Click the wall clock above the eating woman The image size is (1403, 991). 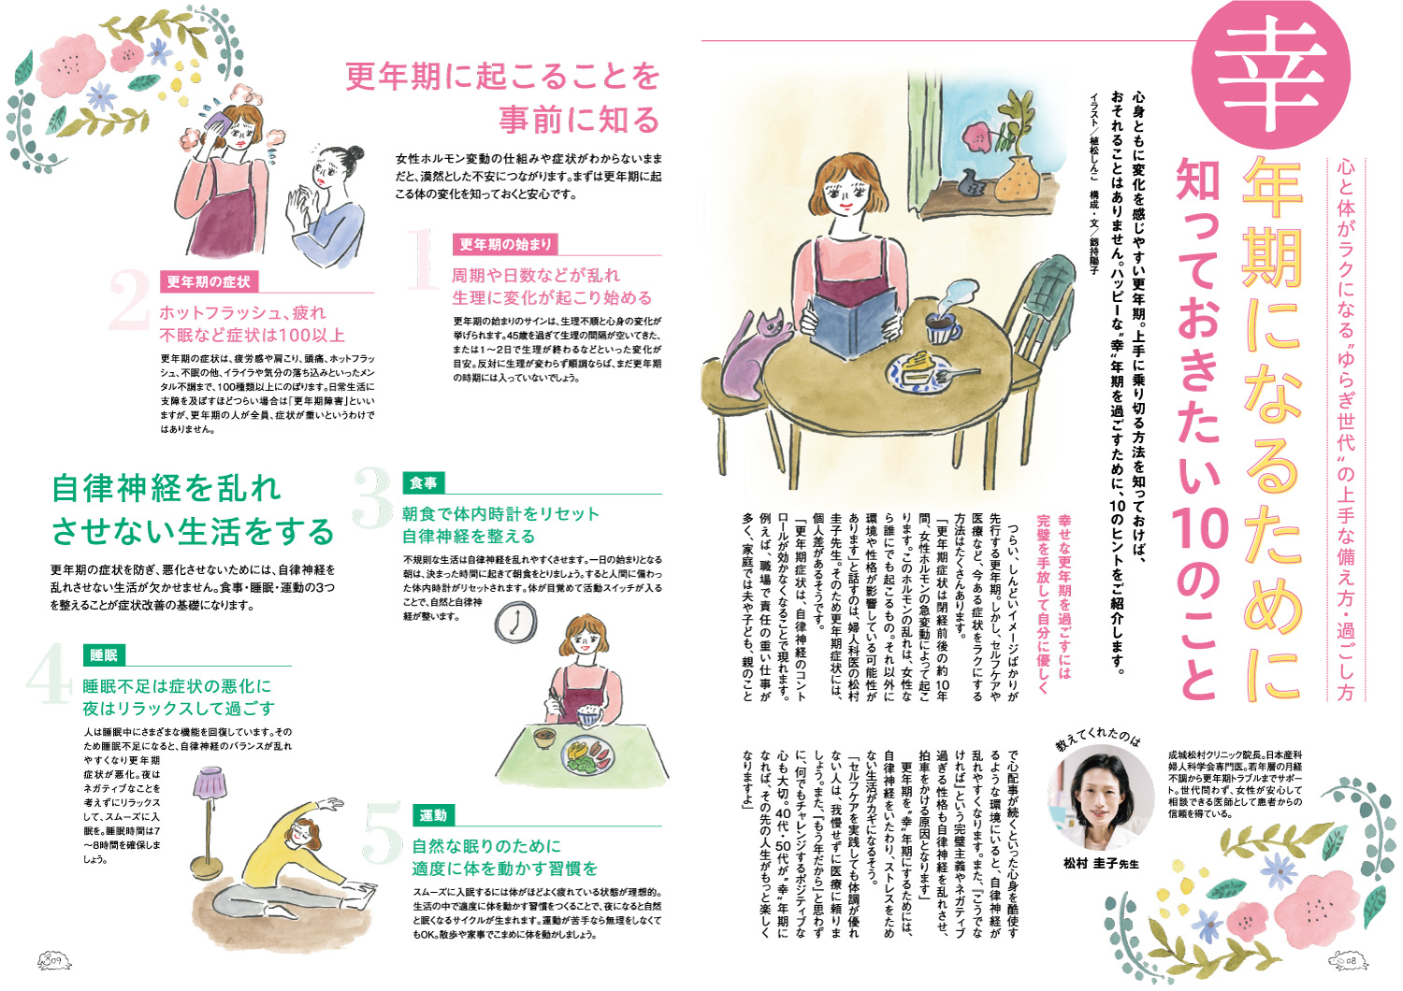[x=516, y=623]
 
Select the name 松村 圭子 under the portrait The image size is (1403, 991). [x=1091, y=863]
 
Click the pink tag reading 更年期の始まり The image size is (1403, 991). [x=505, y=244]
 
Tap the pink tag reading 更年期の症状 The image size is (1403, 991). [x=209, y=281]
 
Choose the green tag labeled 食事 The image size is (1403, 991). [x=424, y=482]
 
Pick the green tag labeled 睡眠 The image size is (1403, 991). [x=103, y=654]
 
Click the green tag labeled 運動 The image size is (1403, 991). [x=433, y=815]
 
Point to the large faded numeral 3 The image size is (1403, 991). [x=372, y=498]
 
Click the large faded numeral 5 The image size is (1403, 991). [x=382, y=833]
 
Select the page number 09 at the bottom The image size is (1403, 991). [x=55, y=959]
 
